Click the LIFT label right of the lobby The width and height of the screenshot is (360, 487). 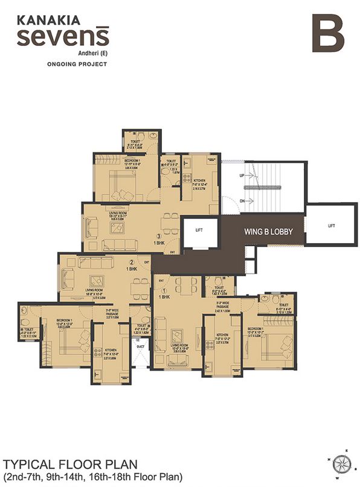pos(330,225)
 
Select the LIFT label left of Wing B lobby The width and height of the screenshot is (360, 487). pos(199,230)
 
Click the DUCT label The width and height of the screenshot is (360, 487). pos(140,347)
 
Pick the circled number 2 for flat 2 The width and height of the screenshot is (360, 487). pos(131,262)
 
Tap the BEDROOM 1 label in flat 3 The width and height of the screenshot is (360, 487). pos(111,161)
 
